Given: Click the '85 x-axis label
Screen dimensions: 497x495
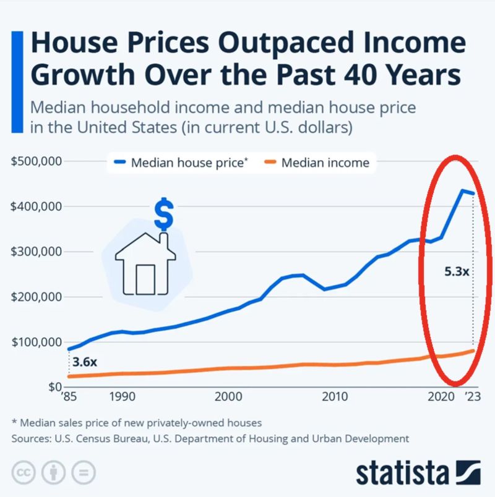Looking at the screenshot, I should pos(67,396).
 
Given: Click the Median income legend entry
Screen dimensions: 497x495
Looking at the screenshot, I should pos(325,163).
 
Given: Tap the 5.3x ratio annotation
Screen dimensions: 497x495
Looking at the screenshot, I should pos(457,271).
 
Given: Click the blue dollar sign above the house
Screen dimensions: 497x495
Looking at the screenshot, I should pos(163,213).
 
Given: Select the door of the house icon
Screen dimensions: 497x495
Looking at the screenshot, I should pos(145,279).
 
